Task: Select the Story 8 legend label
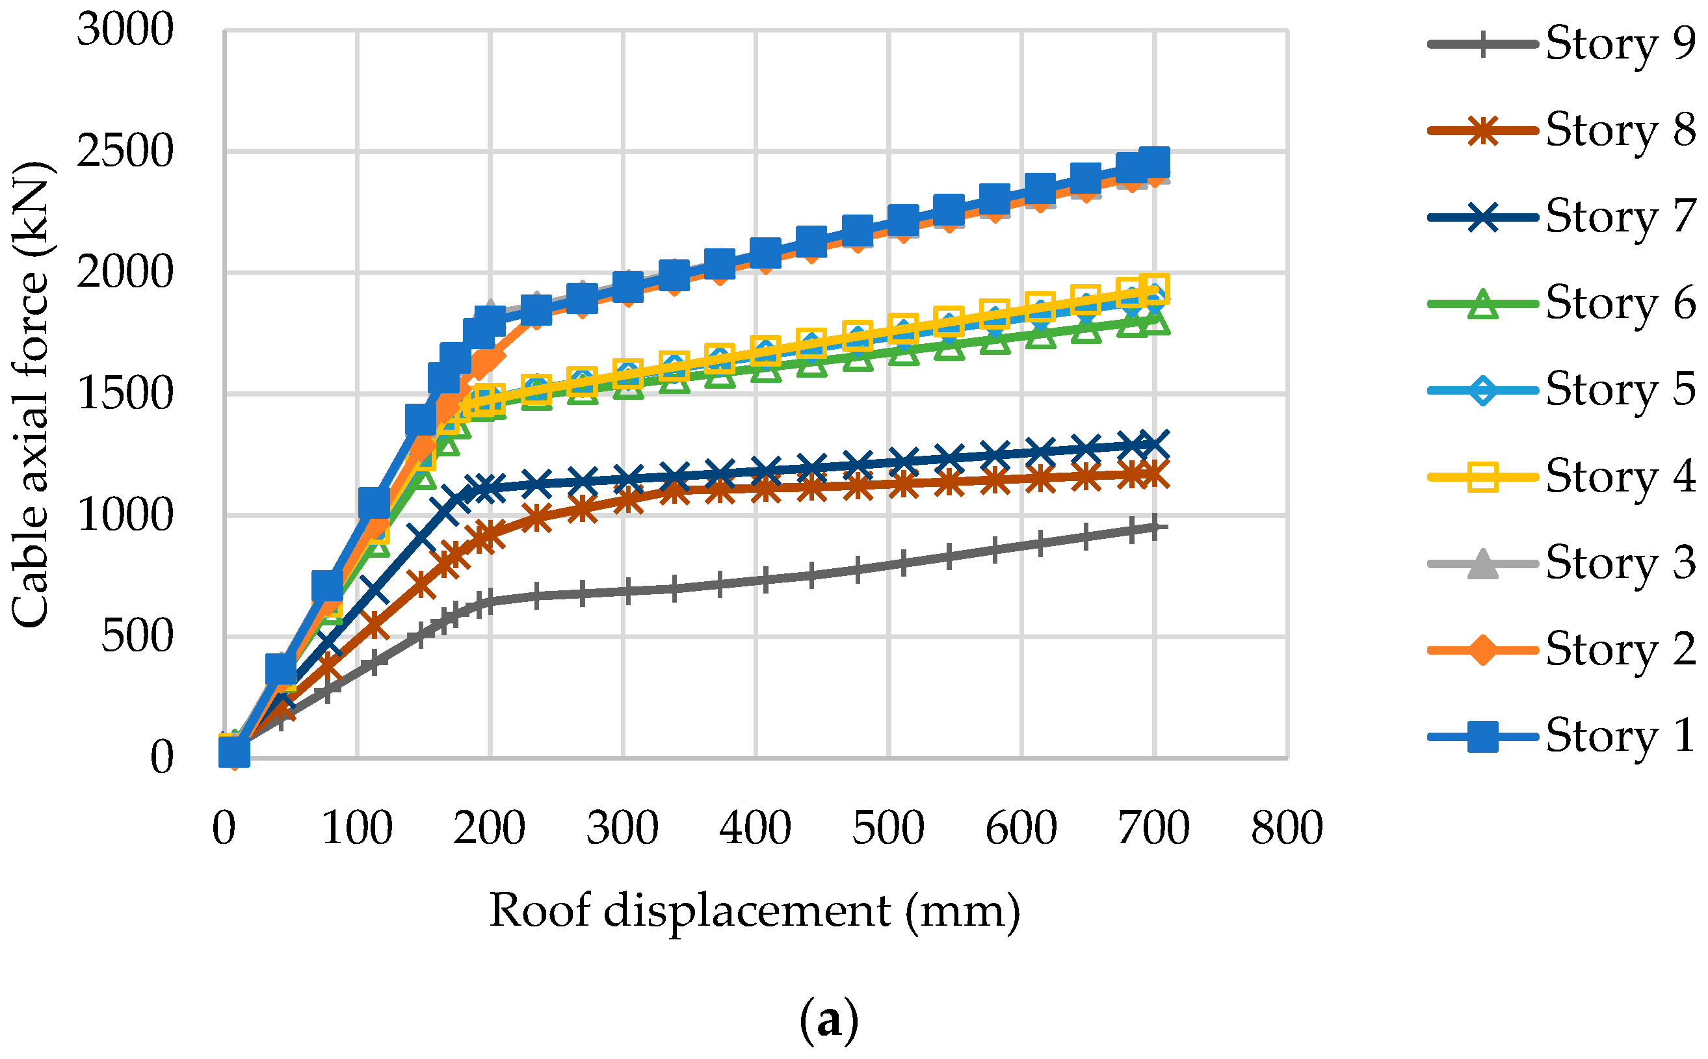pos(1620,129)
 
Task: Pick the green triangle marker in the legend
pos(1482,304)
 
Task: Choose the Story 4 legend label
pos(1620,477)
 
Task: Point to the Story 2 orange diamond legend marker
pos(1482,649)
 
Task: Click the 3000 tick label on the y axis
pos(125,31)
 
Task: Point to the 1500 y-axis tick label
pos(125,393)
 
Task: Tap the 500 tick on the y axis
pos(137,636)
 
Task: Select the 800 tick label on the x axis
pos(1287,829)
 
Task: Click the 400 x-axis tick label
pos(755,829)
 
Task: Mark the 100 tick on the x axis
pos(356,829)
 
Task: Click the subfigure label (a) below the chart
pos(828,1021)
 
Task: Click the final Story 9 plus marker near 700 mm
pos(1153,527)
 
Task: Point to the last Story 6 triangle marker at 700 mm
pos(1153,322)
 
